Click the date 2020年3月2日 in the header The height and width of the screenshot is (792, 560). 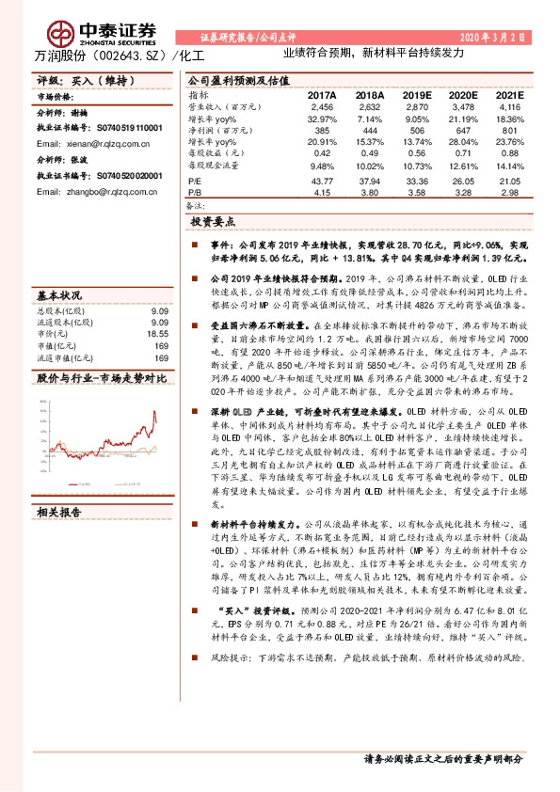coord(491,37)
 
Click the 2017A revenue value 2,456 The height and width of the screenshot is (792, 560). coord(322,109)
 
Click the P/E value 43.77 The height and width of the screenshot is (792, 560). coord(322,182)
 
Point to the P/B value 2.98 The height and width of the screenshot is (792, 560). coord(509,192)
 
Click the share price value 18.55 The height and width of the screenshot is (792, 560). coord(157,333)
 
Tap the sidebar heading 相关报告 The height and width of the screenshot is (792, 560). coord(58,513)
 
